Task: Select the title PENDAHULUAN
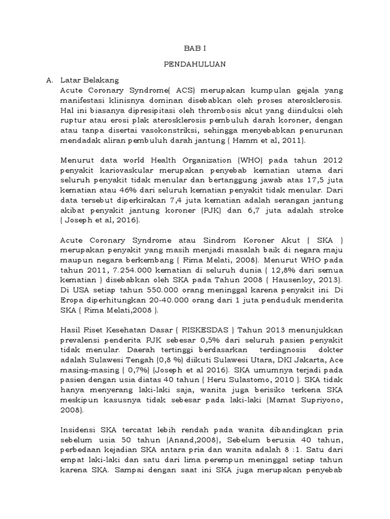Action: pyautogui.click(x=195, y=64)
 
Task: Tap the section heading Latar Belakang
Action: pyautogui.click(x=89, y=80)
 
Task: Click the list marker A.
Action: pyautogui.click(x=49, y=80)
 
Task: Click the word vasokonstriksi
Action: pyautogui.click(x=159, y=131)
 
